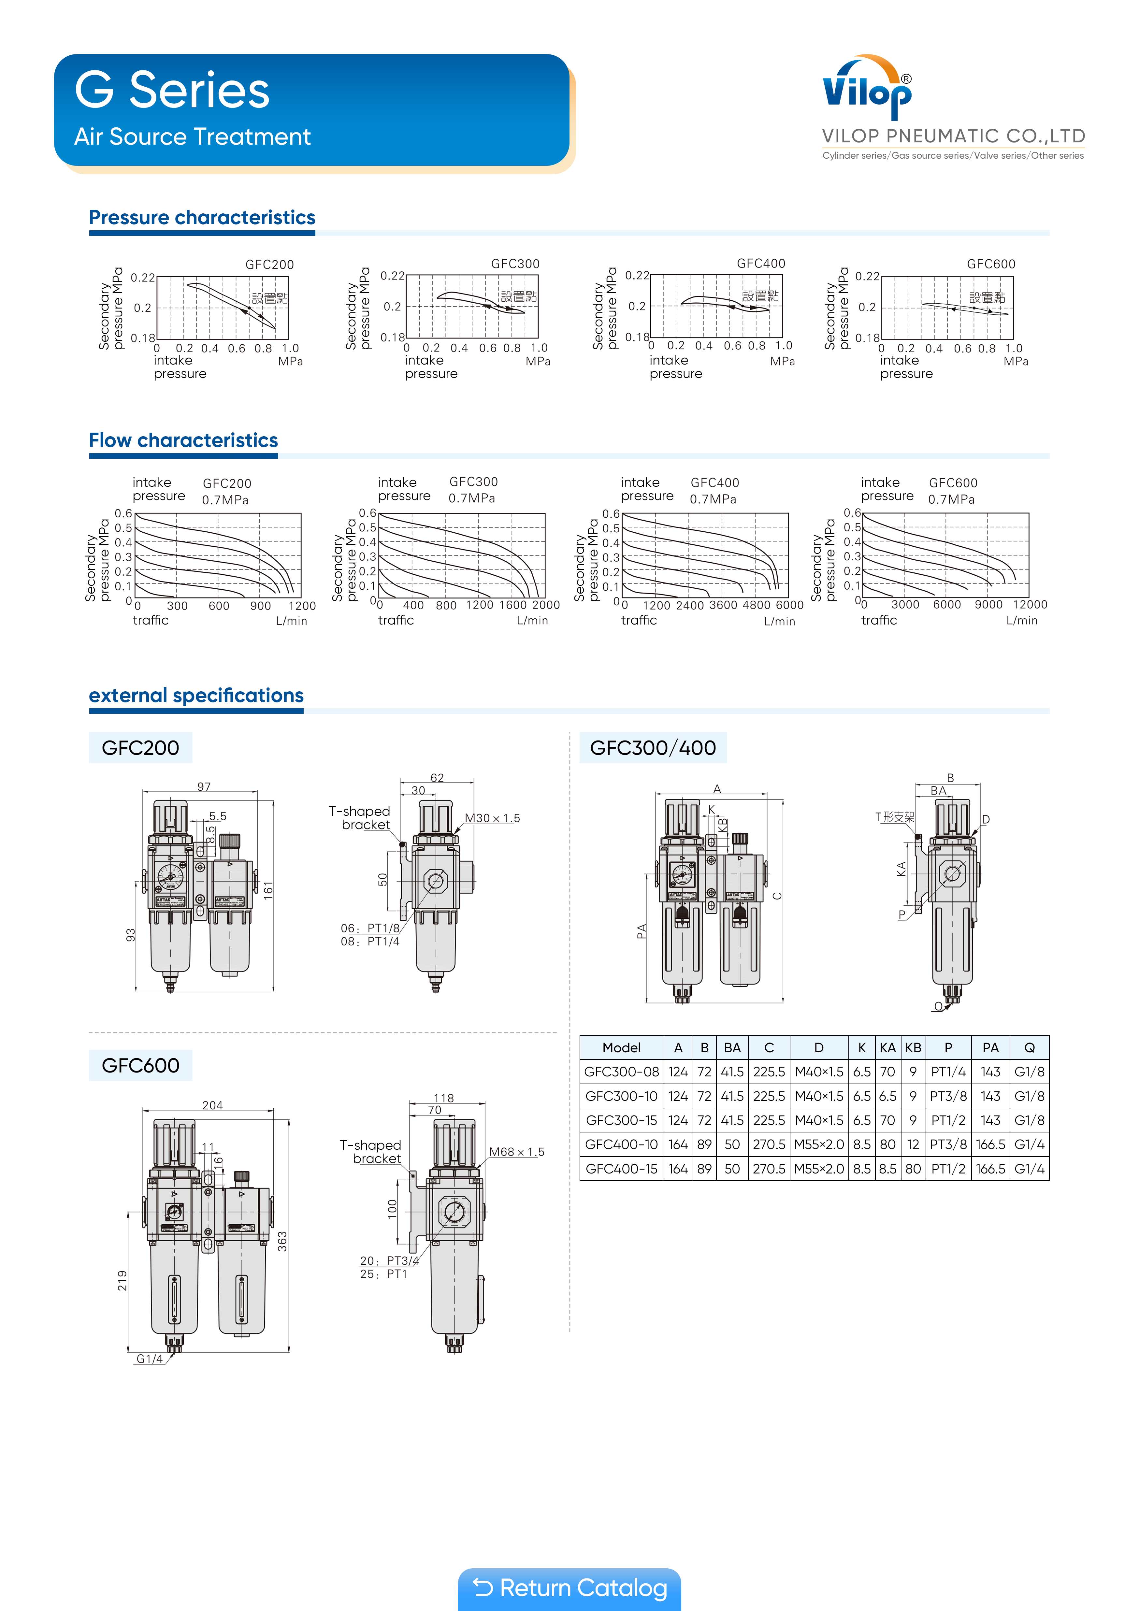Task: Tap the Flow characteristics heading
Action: point(183,441)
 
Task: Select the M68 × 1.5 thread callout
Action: point(516,1152)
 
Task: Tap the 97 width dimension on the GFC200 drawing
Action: point(204,786)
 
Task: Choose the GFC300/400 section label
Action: point(653,748)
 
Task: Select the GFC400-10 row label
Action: point(621,1144)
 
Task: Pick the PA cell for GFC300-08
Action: point(990,1072)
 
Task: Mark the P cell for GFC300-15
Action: point(948,1121)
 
